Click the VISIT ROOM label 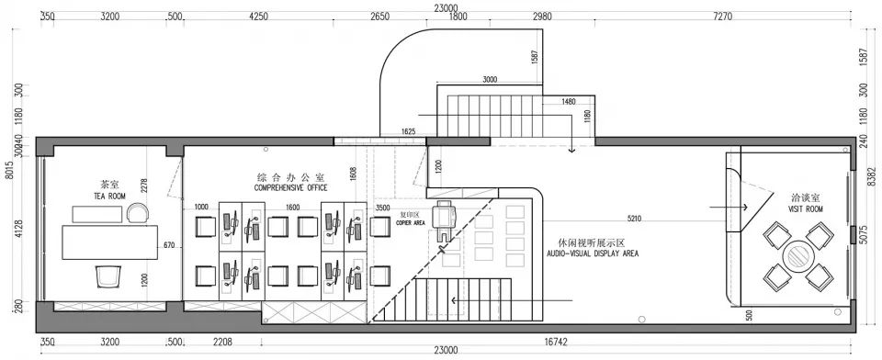click(x=806, y=208)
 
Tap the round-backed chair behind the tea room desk click(x=138, y=213)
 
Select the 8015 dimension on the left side click(x=8, y=173)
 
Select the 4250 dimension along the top click(x=258, y=17)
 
